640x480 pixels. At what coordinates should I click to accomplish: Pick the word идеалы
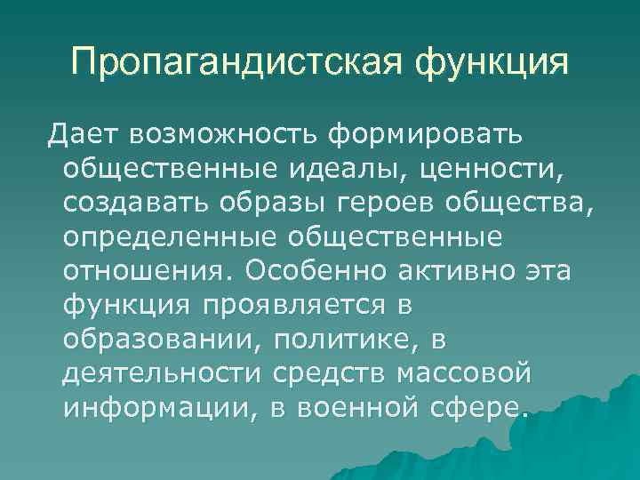(374, 167)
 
